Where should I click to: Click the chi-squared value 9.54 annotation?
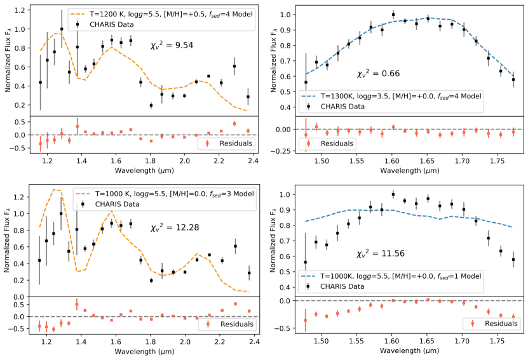pyautogui.click(x=168, y=45)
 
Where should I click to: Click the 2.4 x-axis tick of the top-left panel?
pyautogui.click(x=253, y=161)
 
